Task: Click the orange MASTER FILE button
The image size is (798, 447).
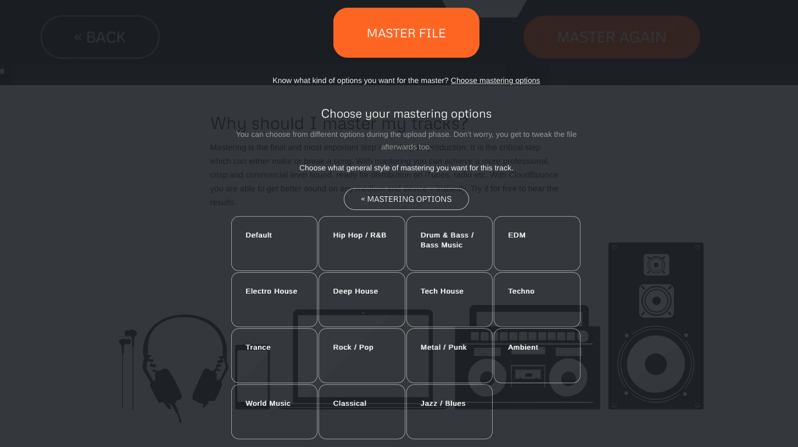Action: coord(406,33)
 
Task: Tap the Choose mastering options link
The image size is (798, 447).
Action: coord(495,80)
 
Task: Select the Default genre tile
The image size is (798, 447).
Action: coord(274,243)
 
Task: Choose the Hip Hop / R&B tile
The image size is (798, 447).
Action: coord(361,243)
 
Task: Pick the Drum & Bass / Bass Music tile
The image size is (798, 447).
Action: coord(449,243)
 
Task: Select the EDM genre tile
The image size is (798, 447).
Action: coord(537,243)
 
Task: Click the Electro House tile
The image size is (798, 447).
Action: coord(274,299)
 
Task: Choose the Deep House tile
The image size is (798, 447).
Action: coord(361,299)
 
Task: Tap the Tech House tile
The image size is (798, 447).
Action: coord(449,299)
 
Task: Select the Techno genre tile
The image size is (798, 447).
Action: coord(537,299)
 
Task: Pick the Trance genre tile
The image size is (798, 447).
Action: coord(274,355)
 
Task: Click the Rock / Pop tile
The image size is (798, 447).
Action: coord(361,355)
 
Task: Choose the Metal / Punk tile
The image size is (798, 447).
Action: coord(449,355)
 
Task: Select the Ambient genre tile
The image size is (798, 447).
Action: coord(537,355)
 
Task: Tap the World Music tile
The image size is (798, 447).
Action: coord(274,411)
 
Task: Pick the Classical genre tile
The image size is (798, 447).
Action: coord(361,411)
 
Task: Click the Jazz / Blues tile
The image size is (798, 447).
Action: coord(449,411)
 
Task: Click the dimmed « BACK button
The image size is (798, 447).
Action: coord(100,37)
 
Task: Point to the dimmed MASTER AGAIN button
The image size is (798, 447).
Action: coord(611,37)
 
